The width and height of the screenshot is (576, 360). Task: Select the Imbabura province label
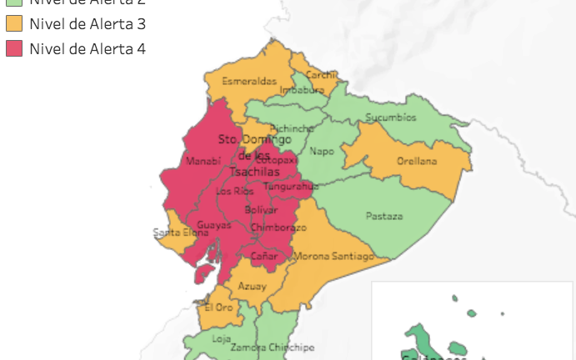(302, 89)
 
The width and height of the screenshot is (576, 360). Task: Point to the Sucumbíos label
(390, 117)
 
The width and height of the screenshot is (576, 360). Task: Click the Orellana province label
(416, 162)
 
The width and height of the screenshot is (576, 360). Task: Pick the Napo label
(322, 151)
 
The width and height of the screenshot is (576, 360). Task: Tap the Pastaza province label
(384, 216)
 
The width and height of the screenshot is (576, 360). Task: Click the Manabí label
(204, 161)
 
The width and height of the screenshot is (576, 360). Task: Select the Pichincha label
(292, 128)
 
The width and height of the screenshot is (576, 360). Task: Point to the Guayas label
(214, 225)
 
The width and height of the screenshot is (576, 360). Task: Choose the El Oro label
(218, 307)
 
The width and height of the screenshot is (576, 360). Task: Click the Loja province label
(221, 338)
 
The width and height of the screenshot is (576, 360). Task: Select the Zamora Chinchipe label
(272, 347)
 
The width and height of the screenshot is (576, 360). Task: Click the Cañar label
(264, 256)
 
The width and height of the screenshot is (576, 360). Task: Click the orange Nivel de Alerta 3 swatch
(14, 23)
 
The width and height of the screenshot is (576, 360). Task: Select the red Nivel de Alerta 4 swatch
(14, 49)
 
